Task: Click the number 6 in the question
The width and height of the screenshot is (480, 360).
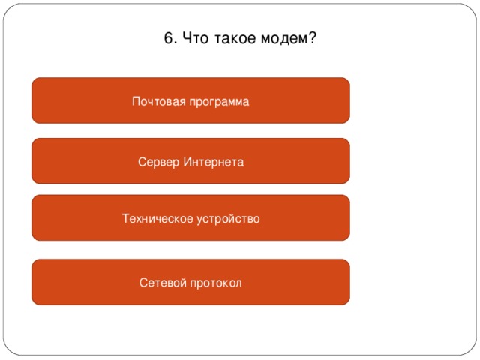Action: pos(167,38)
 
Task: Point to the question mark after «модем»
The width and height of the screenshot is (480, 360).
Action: pos(312,38)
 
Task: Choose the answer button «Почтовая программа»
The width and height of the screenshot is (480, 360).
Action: pos(190,100)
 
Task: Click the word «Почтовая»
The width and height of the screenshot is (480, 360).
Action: pos(155,101)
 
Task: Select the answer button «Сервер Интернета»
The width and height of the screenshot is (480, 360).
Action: pos(190,161)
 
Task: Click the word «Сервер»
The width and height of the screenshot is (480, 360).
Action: pos(157,162)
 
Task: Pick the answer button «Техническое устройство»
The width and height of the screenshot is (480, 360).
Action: pos(190,218)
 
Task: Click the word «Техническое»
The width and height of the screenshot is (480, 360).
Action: pos(157,219)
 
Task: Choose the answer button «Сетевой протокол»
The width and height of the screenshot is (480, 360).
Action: pos(190,282)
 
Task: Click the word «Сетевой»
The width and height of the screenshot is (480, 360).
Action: pos(160,283)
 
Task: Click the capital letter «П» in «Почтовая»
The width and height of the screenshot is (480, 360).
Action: pos(136,101)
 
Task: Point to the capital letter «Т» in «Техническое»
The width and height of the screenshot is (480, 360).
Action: pos(125,219)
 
